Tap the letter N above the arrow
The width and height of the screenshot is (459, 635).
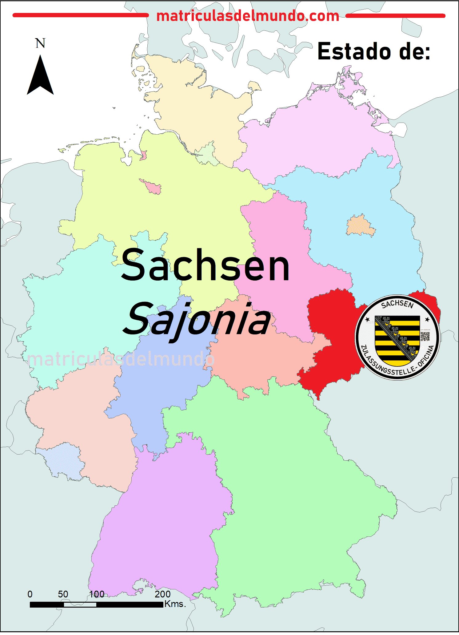click(40, 43)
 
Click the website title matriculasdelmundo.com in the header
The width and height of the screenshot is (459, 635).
click(248, 16)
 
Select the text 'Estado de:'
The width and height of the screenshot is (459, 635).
click(373, 51)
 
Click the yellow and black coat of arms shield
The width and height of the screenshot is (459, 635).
click(397, 339)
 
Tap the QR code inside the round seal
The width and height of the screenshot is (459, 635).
click(425, 336)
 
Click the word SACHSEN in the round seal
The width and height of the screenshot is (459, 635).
click(397, 304)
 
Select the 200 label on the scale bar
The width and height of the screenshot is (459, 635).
click(162, 594)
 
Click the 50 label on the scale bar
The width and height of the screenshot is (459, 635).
click(63, 594)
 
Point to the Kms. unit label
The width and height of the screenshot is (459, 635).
click(175, 604)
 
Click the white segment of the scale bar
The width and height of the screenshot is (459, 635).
click(80, 605)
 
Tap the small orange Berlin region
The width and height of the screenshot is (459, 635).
click(361, 226)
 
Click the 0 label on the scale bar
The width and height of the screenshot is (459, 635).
click(30, 594)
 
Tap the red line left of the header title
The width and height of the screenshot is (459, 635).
click(80, 15)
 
